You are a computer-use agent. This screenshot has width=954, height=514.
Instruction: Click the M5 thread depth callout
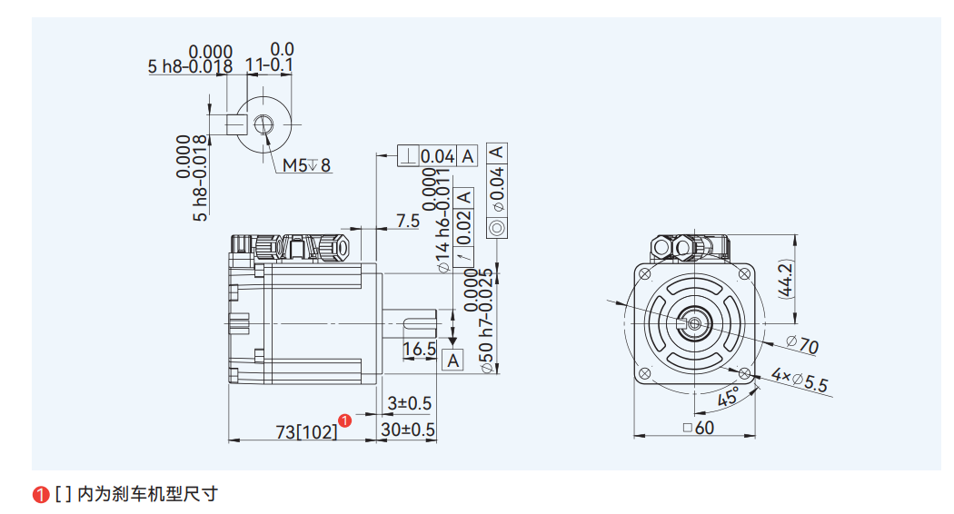(306, 165)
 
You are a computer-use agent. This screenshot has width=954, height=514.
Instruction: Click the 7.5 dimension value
(407, 221)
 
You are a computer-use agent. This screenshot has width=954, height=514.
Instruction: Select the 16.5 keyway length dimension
(419, 349)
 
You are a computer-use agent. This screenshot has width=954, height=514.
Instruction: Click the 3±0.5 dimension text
(409, 402)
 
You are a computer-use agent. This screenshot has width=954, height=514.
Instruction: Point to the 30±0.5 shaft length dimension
(408, 430)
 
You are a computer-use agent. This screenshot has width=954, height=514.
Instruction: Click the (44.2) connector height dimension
(785, 280)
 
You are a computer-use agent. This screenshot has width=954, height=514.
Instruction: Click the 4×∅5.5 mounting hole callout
(800, 380)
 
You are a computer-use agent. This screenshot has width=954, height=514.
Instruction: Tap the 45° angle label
(728, 397)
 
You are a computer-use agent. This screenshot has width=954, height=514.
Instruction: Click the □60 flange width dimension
(698, 428)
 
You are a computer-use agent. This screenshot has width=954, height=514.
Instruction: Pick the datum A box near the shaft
(453, 361)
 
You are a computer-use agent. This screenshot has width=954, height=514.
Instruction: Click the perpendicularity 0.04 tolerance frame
(437, 156)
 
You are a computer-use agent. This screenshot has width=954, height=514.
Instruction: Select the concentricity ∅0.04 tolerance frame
(497, 190)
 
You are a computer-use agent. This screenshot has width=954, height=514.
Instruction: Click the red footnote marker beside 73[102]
(345, 420)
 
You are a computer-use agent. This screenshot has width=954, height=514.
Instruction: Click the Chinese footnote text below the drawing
(136, 494)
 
